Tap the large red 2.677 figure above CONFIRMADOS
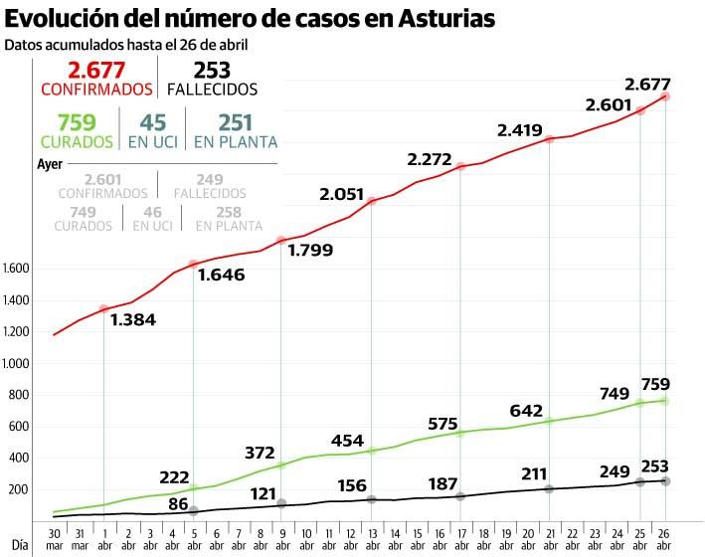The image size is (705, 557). (x=96, y=70)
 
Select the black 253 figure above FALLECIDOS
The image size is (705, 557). (x=212, y=70)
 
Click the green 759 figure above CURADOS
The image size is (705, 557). (x=76, y=122)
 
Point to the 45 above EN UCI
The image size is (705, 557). (x=152, y=122)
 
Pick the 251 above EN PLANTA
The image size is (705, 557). (x=236, y=122)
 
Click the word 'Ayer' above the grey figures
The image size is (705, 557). (x=50, y=162)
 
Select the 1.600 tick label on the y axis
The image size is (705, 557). (x=18, y=269)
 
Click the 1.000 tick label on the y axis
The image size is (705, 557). (x=18, y=363)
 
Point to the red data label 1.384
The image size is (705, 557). (x=133, y=320)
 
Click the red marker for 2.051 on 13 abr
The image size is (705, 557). (x=371, y=202)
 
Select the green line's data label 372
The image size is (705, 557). (x=260, y=454)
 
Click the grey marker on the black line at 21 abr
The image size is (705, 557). (x=549, y=488)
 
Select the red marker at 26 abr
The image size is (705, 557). (x=665, y=96)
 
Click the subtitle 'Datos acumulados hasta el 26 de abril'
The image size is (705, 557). (x=126, y=45)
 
